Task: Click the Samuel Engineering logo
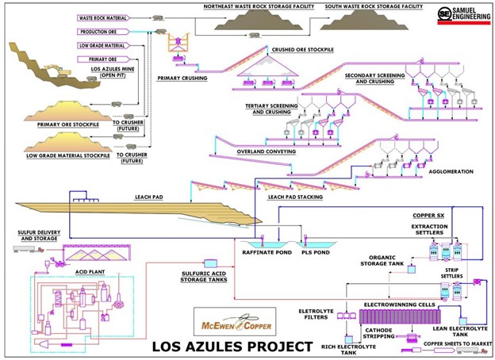point(463,15)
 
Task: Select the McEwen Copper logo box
point(235,321)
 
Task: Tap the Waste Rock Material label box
point(104,18)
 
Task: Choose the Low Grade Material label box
point(104,45)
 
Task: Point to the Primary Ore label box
point(104,59)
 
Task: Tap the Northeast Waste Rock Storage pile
point(259,20)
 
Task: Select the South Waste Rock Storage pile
point(364,20)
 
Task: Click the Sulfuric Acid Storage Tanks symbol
point(210,263)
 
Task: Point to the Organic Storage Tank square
point(412,269)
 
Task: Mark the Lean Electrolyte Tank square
point(462,321)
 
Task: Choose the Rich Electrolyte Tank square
point(349,339)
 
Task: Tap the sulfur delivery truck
point(29,249)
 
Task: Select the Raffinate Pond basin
point(267,245)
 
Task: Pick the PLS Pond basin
point(316,245)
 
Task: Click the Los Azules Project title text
point(232,347)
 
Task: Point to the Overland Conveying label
point(267,151)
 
